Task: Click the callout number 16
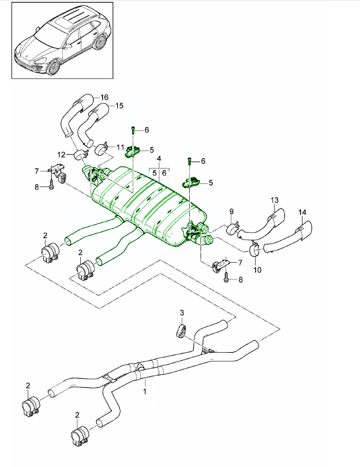[104, 97]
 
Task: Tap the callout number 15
[119, 106]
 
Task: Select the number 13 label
[275, 200]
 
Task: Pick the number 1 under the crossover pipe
[145, 391]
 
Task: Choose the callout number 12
[61, 154]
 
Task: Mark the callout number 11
[121, 147]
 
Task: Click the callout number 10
[257, 269]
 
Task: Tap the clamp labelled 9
[234, 229]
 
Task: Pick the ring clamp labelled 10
[254, 251]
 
